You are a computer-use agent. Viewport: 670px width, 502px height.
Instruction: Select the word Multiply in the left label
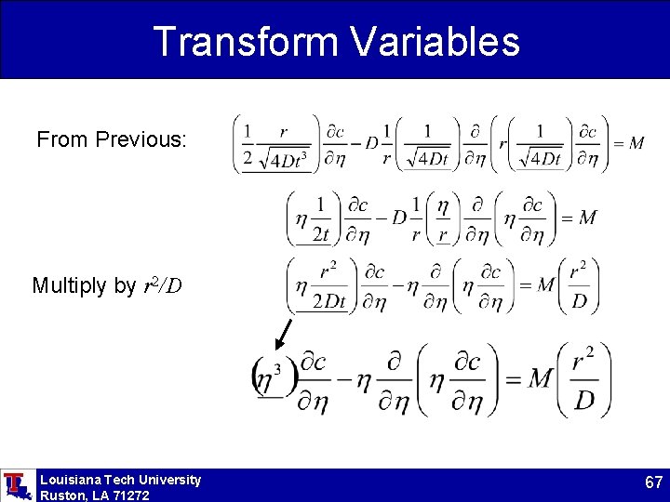71,285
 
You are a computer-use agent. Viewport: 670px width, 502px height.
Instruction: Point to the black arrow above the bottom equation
285,335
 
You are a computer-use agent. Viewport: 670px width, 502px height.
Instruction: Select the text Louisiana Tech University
120,480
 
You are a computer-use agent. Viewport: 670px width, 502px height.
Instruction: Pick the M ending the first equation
636,143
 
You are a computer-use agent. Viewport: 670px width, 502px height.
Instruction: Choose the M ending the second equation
586,218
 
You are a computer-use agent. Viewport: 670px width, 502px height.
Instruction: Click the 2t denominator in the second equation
321,233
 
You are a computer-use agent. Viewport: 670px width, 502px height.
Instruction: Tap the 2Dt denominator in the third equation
329,301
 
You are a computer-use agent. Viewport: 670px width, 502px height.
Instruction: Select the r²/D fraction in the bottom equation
583,379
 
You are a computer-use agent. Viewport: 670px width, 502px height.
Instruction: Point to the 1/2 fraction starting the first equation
248,144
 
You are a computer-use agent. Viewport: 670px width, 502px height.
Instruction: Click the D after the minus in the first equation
371,143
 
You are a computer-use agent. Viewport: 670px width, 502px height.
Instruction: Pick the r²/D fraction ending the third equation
578,284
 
